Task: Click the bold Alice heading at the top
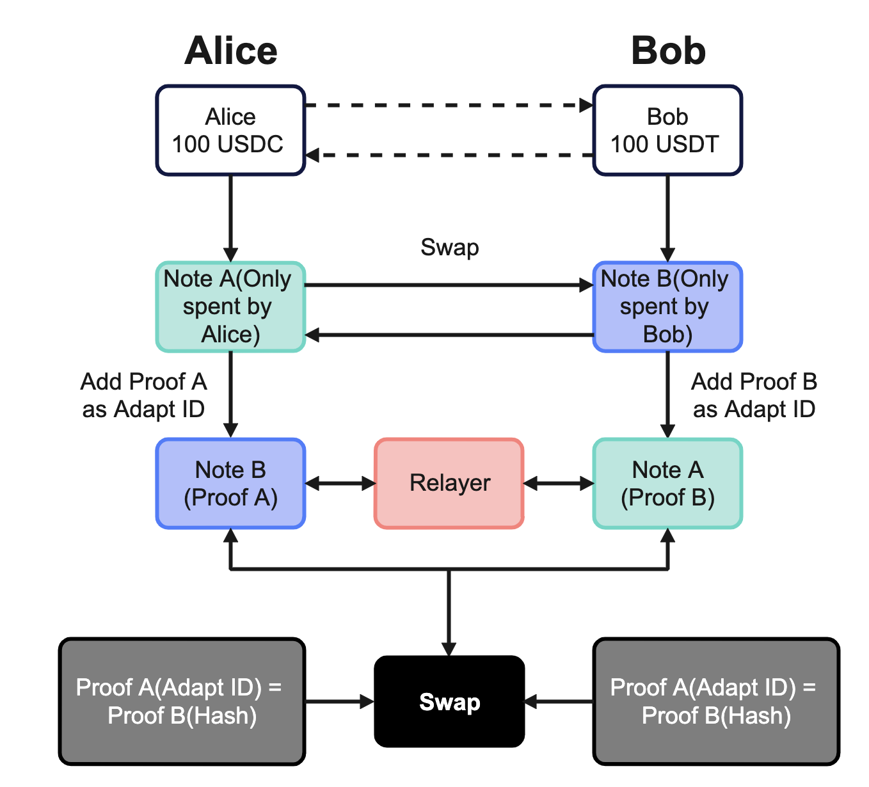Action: tap(231, 51)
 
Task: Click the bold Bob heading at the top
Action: tap(668, 51)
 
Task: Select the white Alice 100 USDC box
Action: tap(230, 131)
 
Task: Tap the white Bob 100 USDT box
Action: tap(667, 131)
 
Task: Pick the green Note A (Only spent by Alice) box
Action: tap(230, 306)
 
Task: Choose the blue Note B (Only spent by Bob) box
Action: tap(667, 306)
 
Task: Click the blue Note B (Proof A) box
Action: tap(230, 484)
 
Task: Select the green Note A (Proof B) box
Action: tap(667, 484)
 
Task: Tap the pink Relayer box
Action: tap(449, 483)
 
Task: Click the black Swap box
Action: tap(449, 702)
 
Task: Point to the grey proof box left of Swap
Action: tap(182, 701)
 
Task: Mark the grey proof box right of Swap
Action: tap(716, 701)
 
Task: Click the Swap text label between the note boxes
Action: tap(449, 248)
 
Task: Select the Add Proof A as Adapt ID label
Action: tap(143, 395)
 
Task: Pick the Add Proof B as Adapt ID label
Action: tap(754, 395)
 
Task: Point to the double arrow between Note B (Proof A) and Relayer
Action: tap(340, 484)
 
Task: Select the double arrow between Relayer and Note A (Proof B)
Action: tap(559, 484)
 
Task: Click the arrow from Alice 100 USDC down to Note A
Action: tap(230, 218)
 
